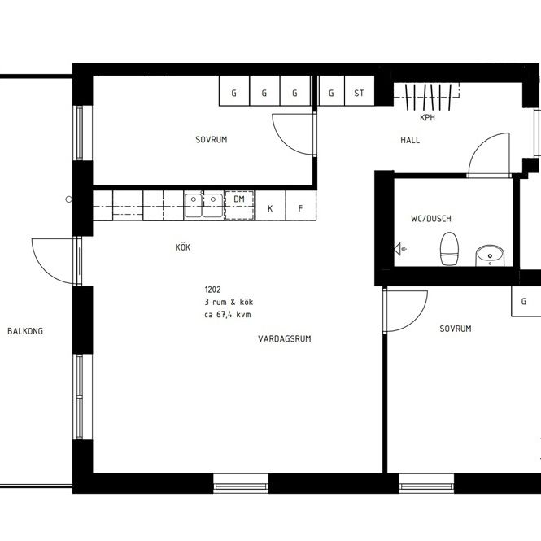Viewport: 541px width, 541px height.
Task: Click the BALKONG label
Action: click(x=24, y=331)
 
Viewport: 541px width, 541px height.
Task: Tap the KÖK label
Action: click(x=182, y=247)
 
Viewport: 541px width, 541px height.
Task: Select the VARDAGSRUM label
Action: click(x=285, y=338)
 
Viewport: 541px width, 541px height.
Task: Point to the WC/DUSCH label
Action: click(x=430, y=219)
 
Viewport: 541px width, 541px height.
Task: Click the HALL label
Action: click(x=410, y=141)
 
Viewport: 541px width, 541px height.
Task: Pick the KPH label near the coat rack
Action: click(x=427, y=118)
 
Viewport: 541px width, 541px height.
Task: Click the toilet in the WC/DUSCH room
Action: click(x=447, y=248)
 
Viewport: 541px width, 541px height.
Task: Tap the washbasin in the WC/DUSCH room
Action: click(x=489, y=255)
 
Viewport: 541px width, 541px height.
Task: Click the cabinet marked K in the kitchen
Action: click(x=269, y=208)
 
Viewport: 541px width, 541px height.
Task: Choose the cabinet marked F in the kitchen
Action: click(x=300, y=208)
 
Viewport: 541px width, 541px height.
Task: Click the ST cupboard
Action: click(x=359, y=93)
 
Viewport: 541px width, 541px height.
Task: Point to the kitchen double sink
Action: click(x=203, y=205)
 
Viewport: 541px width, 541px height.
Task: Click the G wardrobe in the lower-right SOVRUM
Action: click(x=524, y=301)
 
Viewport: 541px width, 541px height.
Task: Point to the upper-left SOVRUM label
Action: click(x=211, y=139)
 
